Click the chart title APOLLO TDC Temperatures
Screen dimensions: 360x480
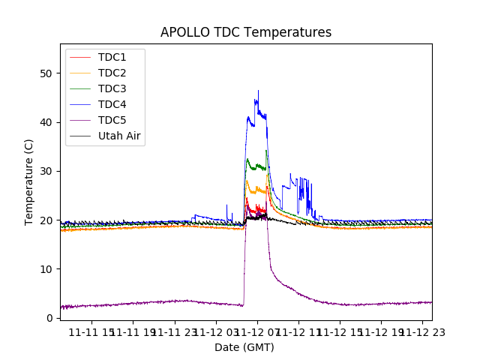[x=246, y=32]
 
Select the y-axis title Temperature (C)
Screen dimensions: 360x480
[x=29, y=182]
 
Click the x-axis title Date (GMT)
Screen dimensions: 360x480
[x=244, y=347]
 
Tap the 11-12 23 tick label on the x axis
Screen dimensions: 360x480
[x=421, y=331]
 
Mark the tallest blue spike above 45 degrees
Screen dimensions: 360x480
[x=258, y=91]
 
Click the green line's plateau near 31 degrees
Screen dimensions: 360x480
[x=259, y=166]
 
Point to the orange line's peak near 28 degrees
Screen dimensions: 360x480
[x=247, y=181]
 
